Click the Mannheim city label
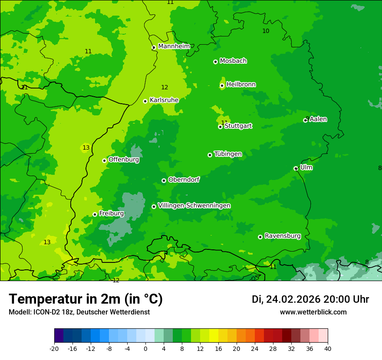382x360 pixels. tap(174, 46)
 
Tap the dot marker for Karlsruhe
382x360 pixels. tap(145, 101)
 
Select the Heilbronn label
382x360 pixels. tap(241, 85)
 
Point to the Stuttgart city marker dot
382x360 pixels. tap(221, 127)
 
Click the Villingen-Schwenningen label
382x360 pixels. tap(194, 206)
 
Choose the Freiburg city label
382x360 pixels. tap(111, 213)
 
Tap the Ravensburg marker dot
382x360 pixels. tap(260, 237)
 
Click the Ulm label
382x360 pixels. tap(306, 167)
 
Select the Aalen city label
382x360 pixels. tap(318, 119)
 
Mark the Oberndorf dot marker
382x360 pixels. tap(164, 180)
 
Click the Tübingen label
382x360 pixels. tap(228, 154)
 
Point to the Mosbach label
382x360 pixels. tap(233, 61)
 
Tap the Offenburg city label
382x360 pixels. tap(124, 160)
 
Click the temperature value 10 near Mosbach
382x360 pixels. tap(266, 31)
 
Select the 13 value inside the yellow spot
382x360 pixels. tap(86, 148)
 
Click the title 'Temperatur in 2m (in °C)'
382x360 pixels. tap(86, 299)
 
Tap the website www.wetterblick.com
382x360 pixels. tap(313, 312)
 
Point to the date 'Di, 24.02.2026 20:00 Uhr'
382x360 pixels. tap(310, 299)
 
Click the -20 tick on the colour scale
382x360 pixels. tap(54, 348)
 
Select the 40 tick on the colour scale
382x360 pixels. tap(328, 348)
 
